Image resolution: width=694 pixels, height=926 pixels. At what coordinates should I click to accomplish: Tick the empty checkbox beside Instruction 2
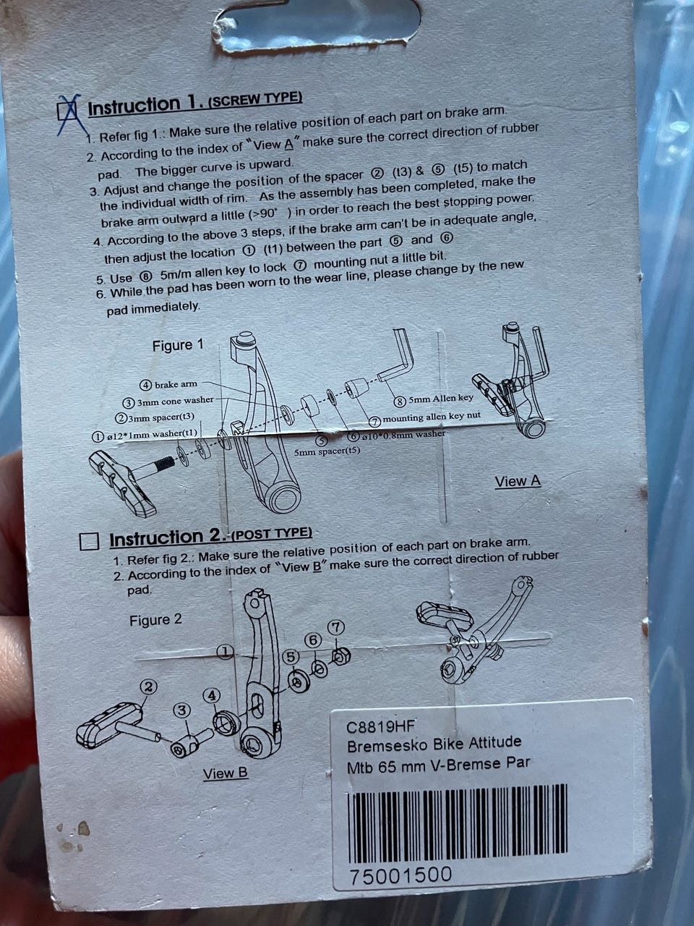(x=90, y=541)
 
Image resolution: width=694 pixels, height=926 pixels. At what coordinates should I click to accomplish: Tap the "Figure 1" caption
(x=178, y=346)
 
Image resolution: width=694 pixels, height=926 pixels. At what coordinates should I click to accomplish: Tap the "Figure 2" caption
(x=155, y=620)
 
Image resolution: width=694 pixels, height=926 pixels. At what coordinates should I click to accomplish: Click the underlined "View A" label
(x=518, y=481)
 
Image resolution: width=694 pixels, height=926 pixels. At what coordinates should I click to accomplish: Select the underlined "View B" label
(x=226, y=773)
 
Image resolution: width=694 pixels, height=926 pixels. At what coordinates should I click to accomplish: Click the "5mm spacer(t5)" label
(x=327, y=451)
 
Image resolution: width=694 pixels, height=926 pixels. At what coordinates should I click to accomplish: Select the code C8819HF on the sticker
(x=381, y=726)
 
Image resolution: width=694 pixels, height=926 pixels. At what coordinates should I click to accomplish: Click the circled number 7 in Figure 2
(x=336, y=627)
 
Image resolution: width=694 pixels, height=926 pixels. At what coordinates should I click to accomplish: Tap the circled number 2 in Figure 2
(x=148, y=687)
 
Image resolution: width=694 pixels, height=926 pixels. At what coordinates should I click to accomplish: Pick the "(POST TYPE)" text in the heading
(x=272, y=533)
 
